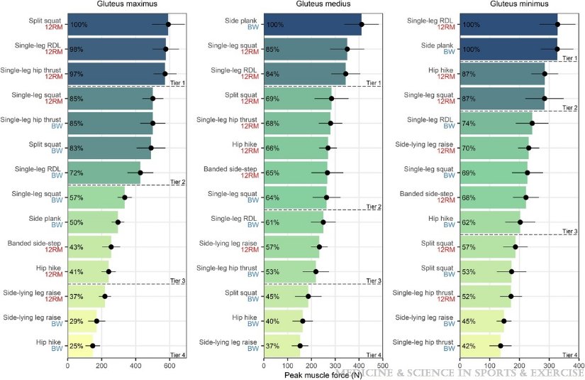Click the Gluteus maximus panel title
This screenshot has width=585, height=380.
126,4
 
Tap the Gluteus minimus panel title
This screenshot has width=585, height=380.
519,4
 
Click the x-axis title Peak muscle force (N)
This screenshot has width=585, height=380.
323,374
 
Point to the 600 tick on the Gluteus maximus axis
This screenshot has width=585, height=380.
169,362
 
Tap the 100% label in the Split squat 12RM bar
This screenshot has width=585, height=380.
79,25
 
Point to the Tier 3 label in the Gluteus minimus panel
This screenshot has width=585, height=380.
570,232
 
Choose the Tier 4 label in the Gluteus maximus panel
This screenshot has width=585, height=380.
177,354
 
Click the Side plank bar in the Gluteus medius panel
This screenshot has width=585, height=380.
312,25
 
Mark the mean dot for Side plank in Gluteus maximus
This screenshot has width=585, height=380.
118,222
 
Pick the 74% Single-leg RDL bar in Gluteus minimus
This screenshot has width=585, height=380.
496,124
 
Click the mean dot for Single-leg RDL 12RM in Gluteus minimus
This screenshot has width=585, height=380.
557,25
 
